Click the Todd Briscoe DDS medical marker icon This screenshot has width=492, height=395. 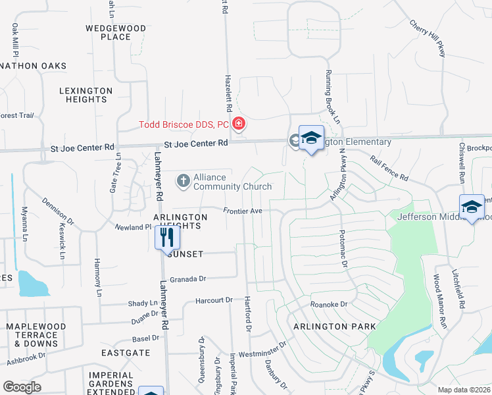[x=239, y=124]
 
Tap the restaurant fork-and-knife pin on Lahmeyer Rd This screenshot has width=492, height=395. [x=164, y=236]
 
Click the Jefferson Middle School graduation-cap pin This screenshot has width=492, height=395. [x=472, y=207]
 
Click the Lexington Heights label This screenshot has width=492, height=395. [x=86, y=95]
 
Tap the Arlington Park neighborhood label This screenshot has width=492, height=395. [x=334, y=327]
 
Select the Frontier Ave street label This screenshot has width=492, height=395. [x=243, y=211]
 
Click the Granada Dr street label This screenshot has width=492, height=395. [x=188, y=279]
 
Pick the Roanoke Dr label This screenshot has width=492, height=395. [x=328, y=305]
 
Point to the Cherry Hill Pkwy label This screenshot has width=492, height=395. [x=428, y=38]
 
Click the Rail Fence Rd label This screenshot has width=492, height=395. [x=389, y=169]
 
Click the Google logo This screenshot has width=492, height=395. [x=22, y=386]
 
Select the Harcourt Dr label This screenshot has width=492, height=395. [x=214, y=300]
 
